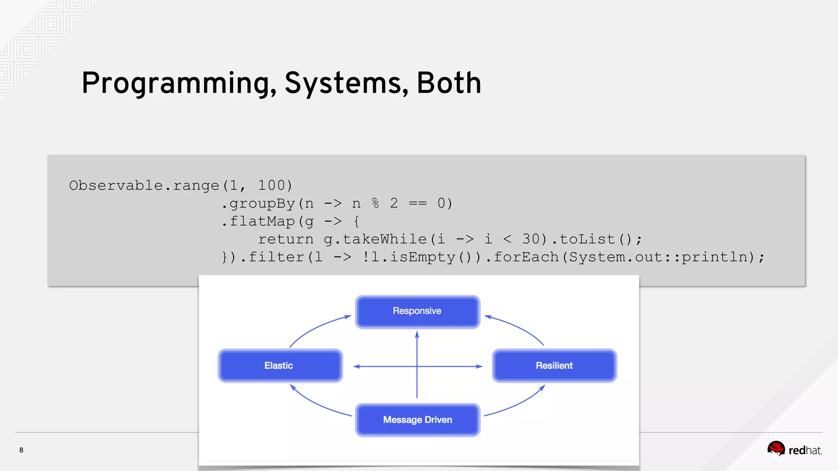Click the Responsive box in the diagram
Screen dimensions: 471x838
tap(417, 312)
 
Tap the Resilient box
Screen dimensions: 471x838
tap(554, 366)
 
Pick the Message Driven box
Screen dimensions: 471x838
tap(417, 420)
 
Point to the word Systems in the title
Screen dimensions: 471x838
tap(346, 84)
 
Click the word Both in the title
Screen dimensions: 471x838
tap(448, 83)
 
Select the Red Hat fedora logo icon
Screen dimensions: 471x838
tap(776, 449)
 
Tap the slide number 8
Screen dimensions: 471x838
tap(21, 450)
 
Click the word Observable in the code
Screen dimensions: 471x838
tap(116, 186)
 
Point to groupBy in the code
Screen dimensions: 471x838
tap(262, 204)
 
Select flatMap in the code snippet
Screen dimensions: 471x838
tap(262, 222)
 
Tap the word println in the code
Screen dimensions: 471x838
tap(714, 257)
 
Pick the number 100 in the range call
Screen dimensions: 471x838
tap(271, 186)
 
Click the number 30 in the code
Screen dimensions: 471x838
tap(531, 239)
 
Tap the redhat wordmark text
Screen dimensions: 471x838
tap(805, 451)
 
